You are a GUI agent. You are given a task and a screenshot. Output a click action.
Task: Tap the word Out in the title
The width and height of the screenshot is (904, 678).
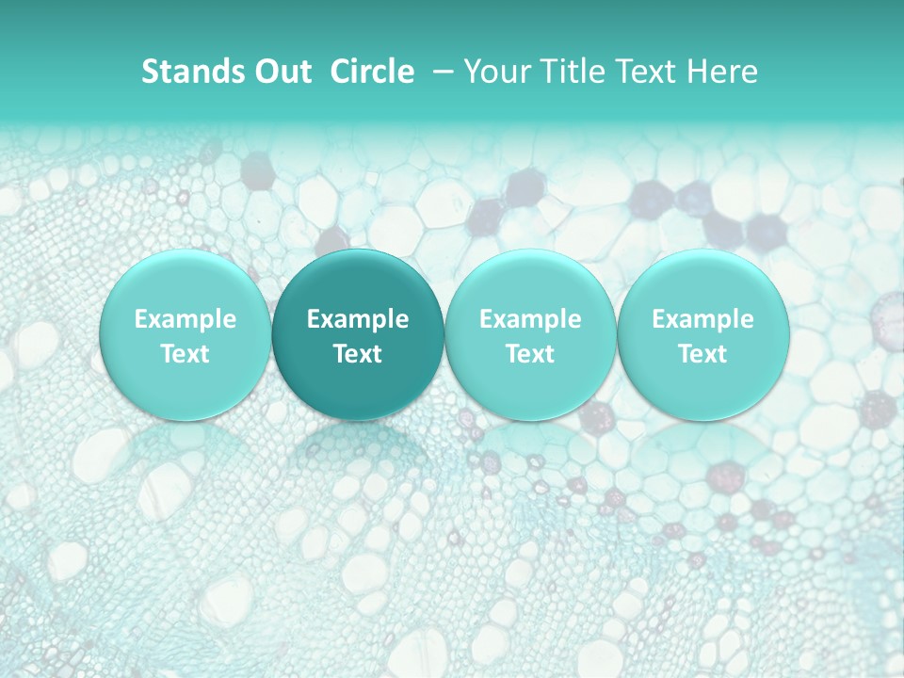[281, 72]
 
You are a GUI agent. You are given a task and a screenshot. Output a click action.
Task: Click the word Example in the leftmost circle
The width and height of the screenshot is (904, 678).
[185, 319]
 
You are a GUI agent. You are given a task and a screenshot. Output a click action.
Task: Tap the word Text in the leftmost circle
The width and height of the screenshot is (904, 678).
[185, 354]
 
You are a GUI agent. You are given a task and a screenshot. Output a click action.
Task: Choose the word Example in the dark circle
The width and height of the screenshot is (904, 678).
[358, 319]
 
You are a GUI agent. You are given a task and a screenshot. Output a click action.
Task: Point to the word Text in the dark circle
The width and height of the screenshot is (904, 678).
[358, 354]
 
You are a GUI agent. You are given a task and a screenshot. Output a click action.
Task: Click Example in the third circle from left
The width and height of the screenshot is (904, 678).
[530, 319]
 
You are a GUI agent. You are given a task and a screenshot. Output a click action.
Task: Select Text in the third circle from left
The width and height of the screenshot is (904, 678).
[530, 354]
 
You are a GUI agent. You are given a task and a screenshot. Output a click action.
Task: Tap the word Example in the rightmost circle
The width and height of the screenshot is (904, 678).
[702, 319]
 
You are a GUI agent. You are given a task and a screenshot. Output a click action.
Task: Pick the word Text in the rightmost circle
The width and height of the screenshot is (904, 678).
[702, 354]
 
